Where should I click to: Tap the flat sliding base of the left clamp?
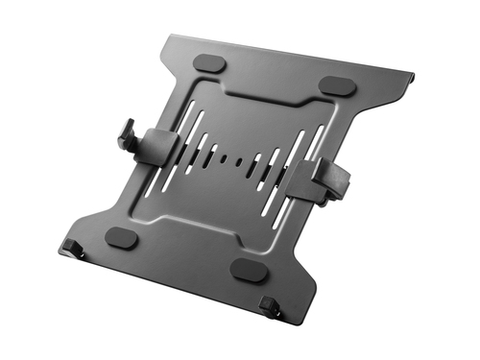point(159,146)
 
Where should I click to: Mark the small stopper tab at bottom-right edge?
point(273,309)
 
